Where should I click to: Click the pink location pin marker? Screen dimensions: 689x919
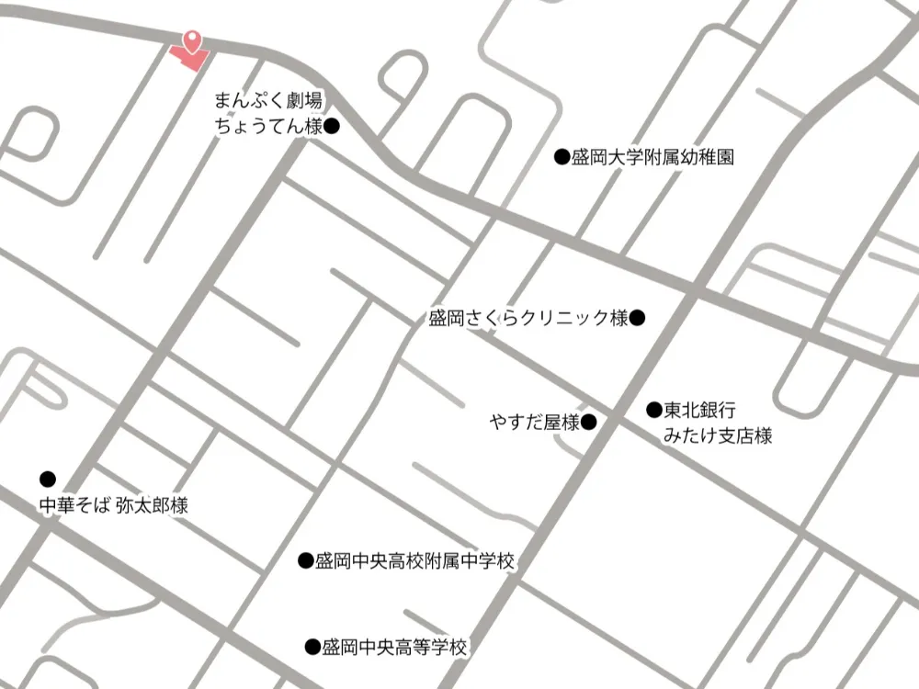(x=191, y=40)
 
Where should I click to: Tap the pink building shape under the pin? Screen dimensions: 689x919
(x=188, y=57)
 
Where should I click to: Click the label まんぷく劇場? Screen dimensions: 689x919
(x=267, y=100)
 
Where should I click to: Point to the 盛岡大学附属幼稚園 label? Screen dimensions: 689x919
(x=652, y=157)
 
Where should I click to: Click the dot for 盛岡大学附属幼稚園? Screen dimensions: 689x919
(x=562, y=157)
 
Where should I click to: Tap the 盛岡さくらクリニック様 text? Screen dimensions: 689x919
(x=528, y=319)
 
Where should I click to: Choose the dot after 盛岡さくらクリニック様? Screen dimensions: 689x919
(x=638, y=319)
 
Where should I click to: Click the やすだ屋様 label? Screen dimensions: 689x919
(x=535, y=423)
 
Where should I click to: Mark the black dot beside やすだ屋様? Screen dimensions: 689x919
(x=590, y=423)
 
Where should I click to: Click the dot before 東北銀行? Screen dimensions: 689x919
(x=654, y=410)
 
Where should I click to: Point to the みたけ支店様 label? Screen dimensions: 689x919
(x=718, y=435)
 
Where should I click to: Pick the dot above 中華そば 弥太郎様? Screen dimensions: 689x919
(x=48, y=479)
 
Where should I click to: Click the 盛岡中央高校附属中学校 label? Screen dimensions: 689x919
(x=414, y=560)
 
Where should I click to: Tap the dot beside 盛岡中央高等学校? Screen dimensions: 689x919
(x=312, y=647)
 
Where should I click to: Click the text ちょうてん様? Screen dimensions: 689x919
(x=267, y=127)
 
